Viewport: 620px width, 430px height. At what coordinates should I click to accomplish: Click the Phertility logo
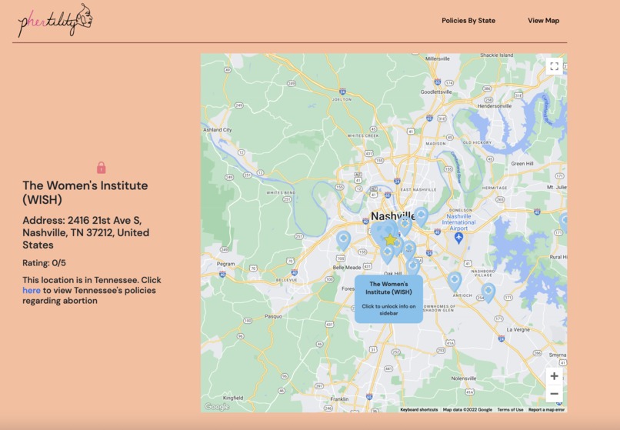(54, 21)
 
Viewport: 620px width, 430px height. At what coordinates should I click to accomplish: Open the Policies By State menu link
(468, 21)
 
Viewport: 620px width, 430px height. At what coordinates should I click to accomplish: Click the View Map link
(543, 21)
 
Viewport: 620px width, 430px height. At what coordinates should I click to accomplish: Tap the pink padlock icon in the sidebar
(102, 168)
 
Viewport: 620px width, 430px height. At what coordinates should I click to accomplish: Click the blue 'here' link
(32, 291)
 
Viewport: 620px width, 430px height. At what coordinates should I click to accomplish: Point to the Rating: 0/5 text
(44, 263)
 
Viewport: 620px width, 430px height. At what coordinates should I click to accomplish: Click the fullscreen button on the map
(554, 66)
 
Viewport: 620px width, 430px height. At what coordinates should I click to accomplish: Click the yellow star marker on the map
(390, 240)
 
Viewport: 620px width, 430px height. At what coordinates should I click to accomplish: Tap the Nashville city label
(393, 216)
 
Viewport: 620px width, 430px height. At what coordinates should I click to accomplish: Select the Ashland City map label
(217, 130)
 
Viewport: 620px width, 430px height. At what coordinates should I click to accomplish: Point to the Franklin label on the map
(338, 399)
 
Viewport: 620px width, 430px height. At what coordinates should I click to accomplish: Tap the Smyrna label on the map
(555, 355)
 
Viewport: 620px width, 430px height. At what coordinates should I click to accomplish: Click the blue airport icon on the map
(459, 238)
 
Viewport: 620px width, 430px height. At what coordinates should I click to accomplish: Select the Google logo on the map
(217, 407)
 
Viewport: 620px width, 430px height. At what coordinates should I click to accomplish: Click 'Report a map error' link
(546, 409)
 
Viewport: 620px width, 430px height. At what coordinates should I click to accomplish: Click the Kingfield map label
(233, 398)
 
